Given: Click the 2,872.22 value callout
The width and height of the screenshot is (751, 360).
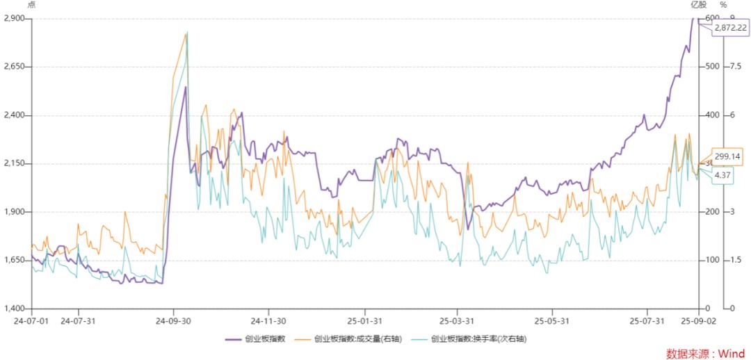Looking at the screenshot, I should point(730,28).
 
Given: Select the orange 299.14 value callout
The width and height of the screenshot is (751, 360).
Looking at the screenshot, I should point(727,157).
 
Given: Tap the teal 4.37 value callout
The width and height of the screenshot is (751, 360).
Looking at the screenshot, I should point(722,175).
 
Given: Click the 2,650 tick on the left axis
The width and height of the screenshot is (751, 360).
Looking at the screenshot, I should point(14,67).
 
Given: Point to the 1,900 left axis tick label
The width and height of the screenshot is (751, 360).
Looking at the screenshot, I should point(14,212).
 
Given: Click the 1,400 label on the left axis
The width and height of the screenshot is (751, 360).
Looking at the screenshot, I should point(14,309).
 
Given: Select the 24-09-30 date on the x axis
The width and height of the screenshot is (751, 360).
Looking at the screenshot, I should point(174,321).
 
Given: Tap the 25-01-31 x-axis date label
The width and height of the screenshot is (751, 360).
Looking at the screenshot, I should point(362,321).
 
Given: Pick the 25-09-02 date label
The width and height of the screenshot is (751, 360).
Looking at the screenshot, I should point(698,321).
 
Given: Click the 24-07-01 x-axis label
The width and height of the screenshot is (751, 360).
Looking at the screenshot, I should point(31,321).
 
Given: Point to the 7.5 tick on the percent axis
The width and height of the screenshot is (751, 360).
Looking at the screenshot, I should point(735,67).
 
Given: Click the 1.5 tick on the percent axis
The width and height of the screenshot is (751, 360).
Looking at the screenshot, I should point(735,260).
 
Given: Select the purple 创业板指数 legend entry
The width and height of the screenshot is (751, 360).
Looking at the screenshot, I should point(249,339).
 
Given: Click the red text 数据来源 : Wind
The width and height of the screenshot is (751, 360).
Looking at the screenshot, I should point(705,353).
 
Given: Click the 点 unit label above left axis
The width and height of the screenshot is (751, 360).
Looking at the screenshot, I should point(31,6).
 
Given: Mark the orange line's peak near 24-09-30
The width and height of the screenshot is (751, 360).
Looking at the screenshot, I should point(186,33).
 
